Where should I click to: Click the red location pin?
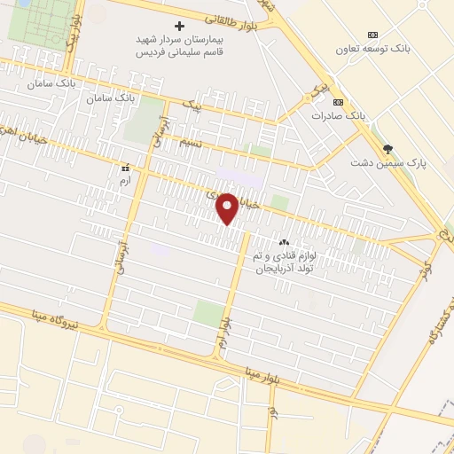pos(228,208)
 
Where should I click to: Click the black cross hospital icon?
pos(180,26)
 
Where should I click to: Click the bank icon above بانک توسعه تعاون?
pos(372,35)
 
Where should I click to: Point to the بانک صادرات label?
pos(338,116)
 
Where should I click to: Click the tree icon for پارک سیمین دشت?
pos(387,148)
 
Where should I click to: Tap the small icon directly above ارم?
pos(127,166)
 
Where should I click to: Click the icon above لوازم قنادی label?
pos(285,242)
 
